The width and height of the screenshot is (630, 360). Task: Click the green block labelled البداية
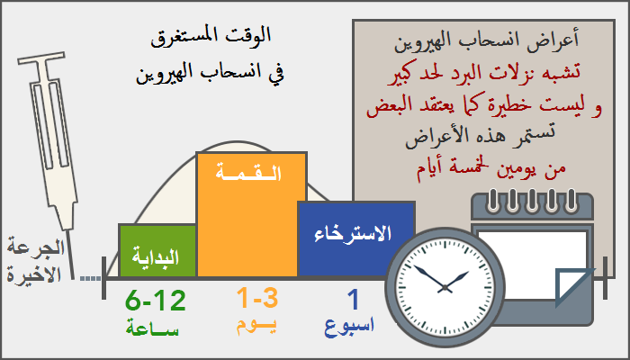click(x=157, y=251)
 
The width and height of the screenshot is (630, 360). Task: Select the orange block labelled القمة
click(x=251, y=214)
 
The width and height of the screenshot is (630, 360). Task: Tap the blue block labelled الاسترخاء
click(x=356, y=239)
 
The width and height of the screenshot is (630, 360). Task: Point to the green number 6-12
click(x=156, y=301)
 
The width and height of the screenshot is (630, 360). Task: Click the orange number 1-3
click(x=257, y=298)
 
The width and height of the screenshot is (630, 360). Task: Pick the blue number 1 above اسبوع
click(x=353, y=300)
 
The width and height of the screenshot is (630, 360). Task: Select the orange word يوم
click(x=256, y=327)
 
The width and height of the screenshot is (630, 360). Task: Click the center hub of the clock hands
click(x=445, y=288)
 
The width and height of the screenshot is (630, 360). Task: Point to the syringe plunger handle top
click(x=41, y=58)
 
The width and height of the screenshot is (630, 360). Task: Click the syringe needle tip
click(x=73, y=278)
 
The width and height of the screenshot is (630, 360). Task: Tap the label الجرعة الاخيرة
click(x=35, y=262)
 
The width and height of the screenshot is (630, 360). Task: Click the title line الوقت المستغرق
click(x=211, y=37)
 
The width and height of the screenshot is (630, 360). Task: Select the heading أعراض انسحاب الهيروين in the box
click(x=487, y=41)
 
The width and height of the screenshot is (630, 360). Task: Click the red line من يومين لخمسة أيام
click(x=491, y=170)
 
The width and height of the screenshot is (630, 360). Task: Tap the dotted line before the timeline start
click(x=90, y=278)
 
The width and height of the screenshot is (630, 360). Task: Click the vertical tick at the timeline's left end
click(x=104, y=278)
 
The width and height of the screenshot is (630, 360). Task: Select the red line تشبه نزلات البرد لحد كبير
click(x=484, y=74)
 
